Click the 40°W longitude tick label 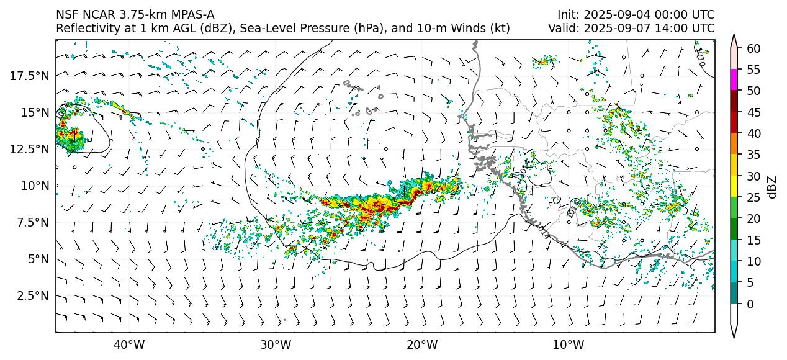tap(129, 345)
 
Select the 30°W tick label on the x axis tap(276, 345)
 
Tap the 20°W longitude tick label tap(422, 345)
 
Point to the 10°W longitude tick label tap(568, 345)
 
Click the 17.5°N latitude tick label tap(29, 76)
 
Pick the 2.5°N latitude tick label tap(32, 295)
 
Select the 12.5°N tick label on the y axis tap(29, 149)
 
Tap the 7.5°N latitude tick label tap(32, 222)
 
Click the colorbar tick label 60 tap(754, 48)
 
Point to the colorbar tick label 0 tap(751, 304)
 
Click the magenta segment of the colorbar tap(734, 80)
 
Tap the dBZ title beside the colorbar tap(772, 186)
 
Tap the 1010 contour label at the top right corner tap(701, 56)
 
